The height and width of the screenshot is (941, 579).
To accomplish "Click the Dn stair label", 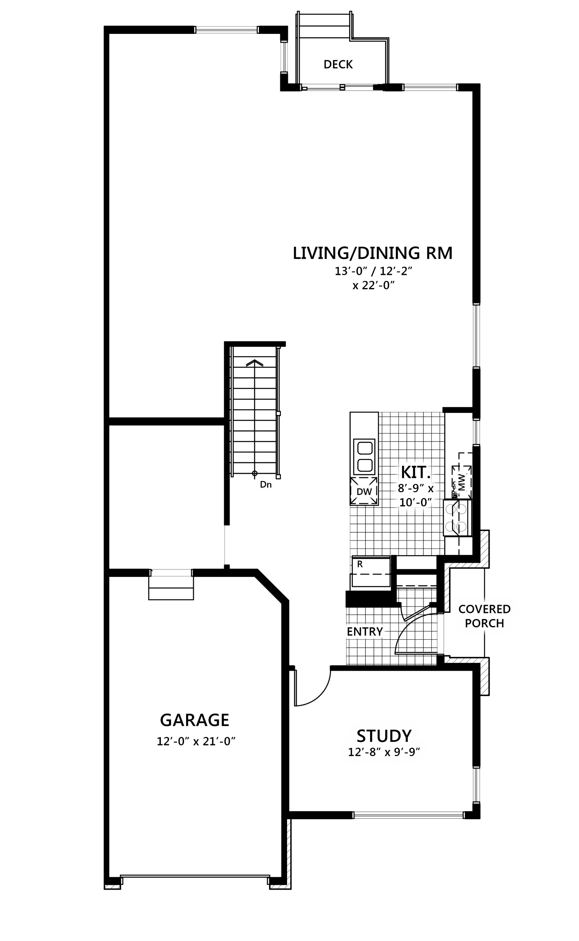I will (x=266, y=484).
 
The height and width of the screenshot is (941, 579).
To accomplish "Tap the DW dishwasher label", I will (x=364, y=492).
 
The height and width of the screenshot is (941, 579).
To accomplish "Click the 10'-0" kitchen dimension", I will (x=415, y=503).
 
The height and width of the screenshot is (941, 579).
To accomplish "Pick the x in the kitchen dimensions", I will (x=431, y=489).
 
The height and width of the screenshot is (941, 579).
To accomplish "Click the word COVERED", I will (x=484, y=609).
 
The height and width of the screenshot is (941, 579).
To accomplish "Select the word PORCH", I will (x=484, y=623).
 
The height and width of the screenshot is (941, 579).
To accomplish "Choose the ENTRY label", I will (x=365, y=631).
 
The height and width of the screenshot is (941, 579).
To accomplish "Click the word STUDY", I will (x=384, y=736).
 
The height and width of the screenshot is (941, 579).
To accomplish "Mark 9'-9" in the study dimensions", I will (x=406, y=752).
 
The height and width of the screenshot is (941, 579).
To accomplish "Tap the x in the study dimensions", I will (x=388, y=753).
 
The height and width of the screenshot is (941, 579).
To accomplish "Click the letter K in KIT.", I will (x=406, y=472).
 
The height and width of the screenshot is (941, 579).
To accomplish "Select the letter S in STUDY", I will (x=362, y=736).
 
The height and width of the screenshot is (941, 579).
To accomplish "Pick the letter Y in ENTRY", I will (x=379, y=631).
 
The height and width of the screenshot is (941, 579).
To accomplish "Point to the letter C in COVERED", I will (x=462, y=609).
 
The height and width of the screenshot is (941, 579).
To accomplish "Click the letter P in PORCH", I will (x=469, y=623).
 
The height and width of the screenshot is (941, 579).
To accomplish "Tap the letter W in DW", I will (x=368, y=492).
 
